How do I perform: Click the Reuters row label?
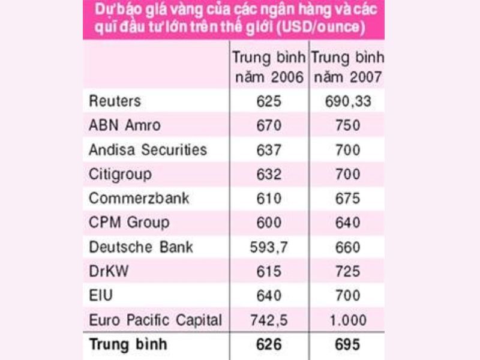tap(115, 101)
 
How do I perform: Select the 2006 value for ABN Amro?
tap(268, 125)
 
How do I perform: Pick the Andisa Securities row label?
tap(148, 149)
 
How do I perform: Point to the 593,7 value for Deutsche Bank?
tap(268, 247)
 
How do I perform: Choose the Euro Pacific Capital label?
tap(155, 320)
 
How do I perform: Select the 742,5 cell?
tap(268, 320)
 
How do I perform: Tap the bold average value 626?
tap(268, 344)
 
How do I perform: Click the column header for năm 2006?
tap(268, 68)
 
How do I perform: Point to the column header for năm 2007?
tap(347, 68)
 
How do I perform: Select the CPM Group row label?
tap(129, 223)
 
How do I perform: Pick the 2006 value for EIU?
tap(268, 295)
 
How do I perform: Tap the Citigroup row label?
tap(121, 174)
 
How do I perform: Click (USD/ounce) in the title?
tap(317, 28)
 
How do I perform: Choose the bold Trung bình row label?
tap(128, 344)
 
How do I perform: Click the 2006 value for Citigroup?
tap(268, 174)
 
